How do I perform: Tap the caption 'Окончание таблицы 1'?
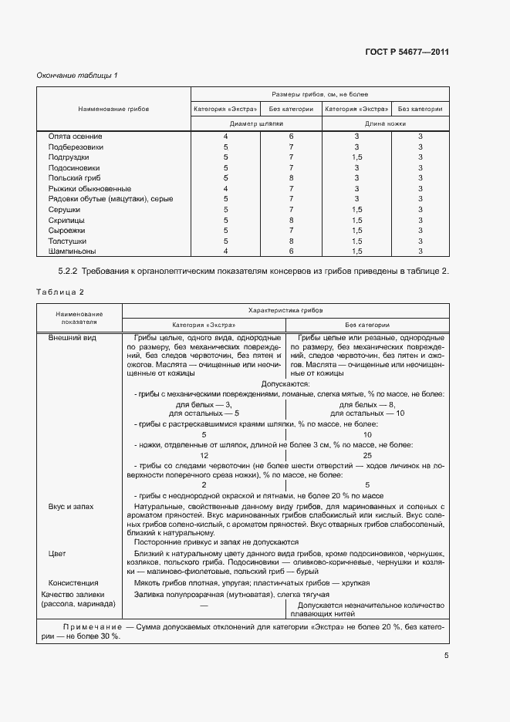click(77, 75)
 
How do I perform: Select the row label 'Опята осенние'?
click(73, 136)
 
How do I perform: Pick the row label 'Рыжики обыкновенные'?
click(90, 188)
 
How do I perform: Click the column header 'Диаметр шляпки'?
click(258, 123)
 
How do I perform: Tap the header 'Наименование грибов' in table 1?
click(113, 110)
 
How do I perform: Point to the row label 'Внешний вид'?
click(72, 338)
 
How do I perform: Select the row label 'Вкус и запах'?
click(71, 506)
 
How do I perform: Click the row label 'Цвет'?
click(57, 554)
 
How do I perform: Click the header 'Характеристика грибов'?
click(285, 309)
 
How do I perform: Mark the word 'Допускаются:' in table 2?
click(285, 383)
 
